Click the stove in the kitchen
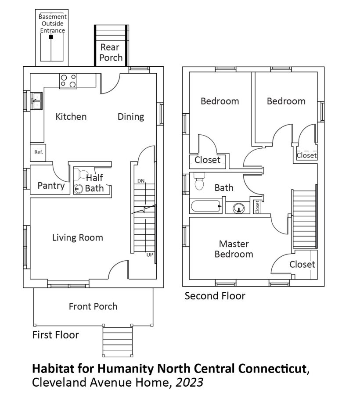pyautogui.click(x=68, y=81)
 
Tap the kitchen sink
pyautogui.click(x=36, y=101)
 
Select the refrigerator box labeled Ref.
pyautogui.click(x=38, y=152)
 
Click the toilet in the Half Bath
pyautogui.click(x=81, y=175)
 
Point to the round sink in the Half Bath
pyautogui.click(x=79, y=188)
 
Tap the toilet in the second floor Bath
pyautogui.click(x=200, y=181)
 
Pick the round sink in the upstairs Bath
pyautogui.click(x=239, y=208)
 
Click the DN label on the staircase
pyautogui.click(x=141, y=181)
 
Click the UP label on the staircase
pyautogui.click(x=150, y=255)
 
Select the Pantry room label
pyautogui.click(x=51, y=186)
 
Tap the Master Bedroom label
pyautogui.click(x=234, y=249)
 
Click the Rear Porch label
pyautogui.click(x=111, y=52)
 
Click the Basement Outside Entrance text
pyautogui.click(x=52, y=23)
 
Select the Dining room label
pyautogui.click(x=131, y=117)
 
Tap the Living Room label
pyautogui.click(x=78, y=237)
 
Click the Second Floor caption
pyautogui.click(x=215, y=296)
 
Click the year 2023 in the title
pyautogui.click(x=189, y=383)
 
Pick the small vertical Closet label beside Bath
pyautogui.click(x=257, y=207)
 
